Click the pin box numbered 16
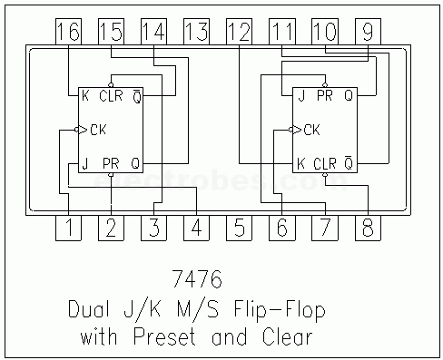coord(68,32)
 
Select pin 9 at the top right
coord(368,32)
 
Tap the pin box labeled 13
coord(197,32)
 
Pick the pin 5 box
coord(240,228)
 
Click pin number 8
coord(368,228)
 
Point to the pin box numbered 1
coord(68,228)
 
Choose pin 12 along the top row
coord(240,32)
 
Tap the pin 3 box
coord(153,228)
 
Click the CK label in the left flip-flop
coord(98,130)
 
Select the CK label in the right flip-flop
coord(312,130)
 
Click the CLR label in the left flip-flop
coord(111,96)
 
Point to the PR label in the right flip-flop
coord(325,96)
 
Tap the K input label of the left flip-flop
coord(85,96)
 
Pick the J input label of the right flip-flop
coord(301,96)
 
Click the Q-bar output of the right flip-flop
coord(349,162)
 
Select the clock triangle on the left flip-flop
coord(83,130)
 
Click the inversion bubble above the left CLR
coord(111,85)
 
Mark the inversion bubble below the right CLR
coord(325,175)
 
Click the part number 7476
coord(197,278)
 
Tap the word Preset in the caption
coord(164,336)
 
